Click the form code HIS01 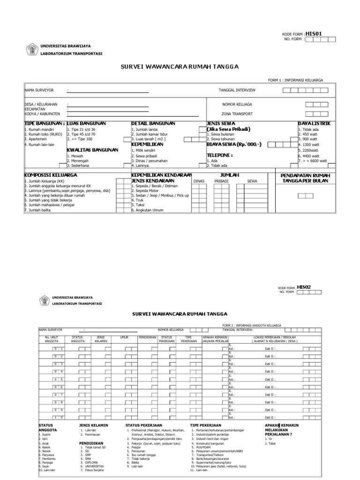(314, 33)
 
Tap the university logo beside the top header (32, 49)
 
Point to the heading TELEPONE (220, 154)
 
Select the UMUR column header (124, 337)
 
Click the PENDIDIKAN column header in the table (147, 337)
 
